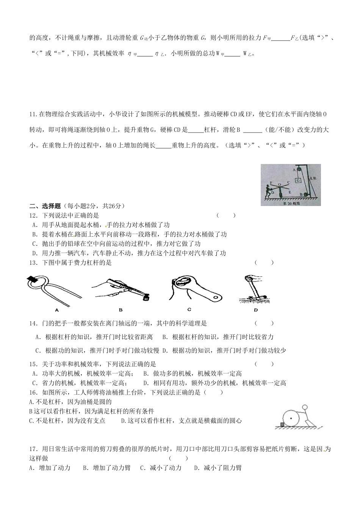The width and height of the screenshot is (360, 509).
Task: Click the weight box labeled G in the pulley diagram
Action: [298, 181]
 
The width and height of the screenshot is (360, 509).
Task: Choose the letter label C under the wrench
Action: [189, 309]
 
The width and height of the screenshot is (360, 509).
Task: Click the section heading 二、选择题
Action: [45, 206]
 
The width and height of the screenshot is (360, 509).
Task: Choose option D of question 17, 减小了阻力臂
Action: [218, 468]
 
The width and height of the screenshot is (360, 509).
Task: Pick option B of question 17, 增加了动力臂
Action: [106, 468]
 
